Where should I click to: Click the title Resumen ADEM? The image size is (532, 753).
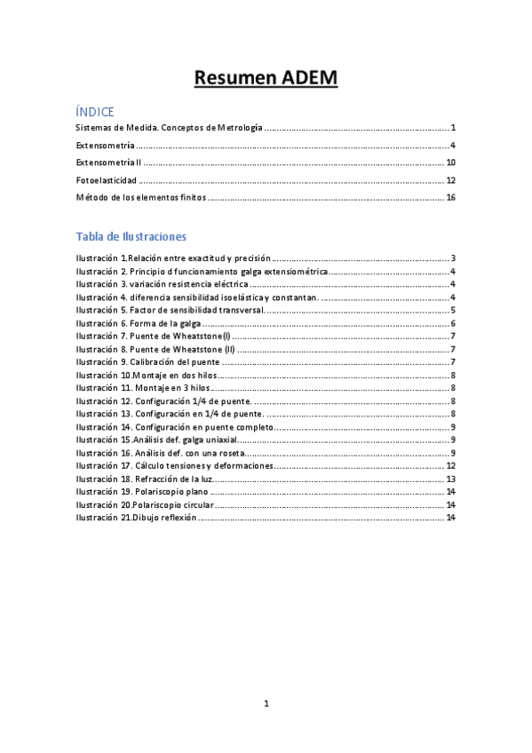click(x=266, y=79)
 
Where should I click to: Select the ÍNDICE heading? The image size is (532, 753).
click(x=94, y=112)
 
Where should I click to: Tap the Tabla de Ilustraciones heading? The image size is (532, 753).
click(x=131, y=236)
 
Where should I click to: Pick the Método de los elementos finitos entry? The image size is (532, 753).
click(x=141, y=197)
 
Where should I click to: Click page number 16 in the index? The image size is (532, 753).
click(x=450, y=197)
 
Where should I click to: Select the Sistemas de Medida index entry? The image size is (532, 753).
click(x=169, y=129)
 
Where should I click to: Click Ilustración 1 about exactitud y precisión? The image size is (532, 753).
click(x=173, y=258)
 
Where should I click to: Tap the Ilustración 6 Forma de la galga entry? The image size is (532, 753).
click(x=146, y=323)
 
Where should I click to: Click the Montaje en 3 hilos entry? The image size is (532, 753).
click(x=144, y=388)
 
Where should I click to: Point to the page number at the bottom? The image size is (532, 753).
click(x=266, y=703)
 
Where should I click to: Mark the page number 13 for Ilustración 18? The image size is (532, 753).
click(x=450, y=479)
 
